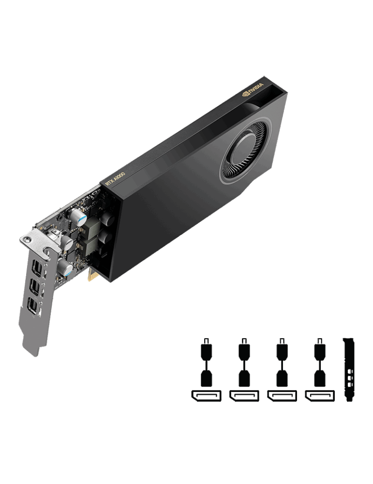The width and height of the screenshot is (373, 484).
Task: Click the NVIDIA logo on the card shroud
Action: [253, 90]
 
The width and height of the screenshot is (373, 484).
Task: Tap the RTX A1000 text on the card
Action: [116, 179]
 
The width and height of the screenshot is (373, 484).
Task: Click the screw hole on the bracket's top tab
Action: [28, 239]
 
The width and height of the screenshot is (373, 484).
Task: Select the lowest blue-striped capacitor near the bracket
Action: [65, 267]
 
